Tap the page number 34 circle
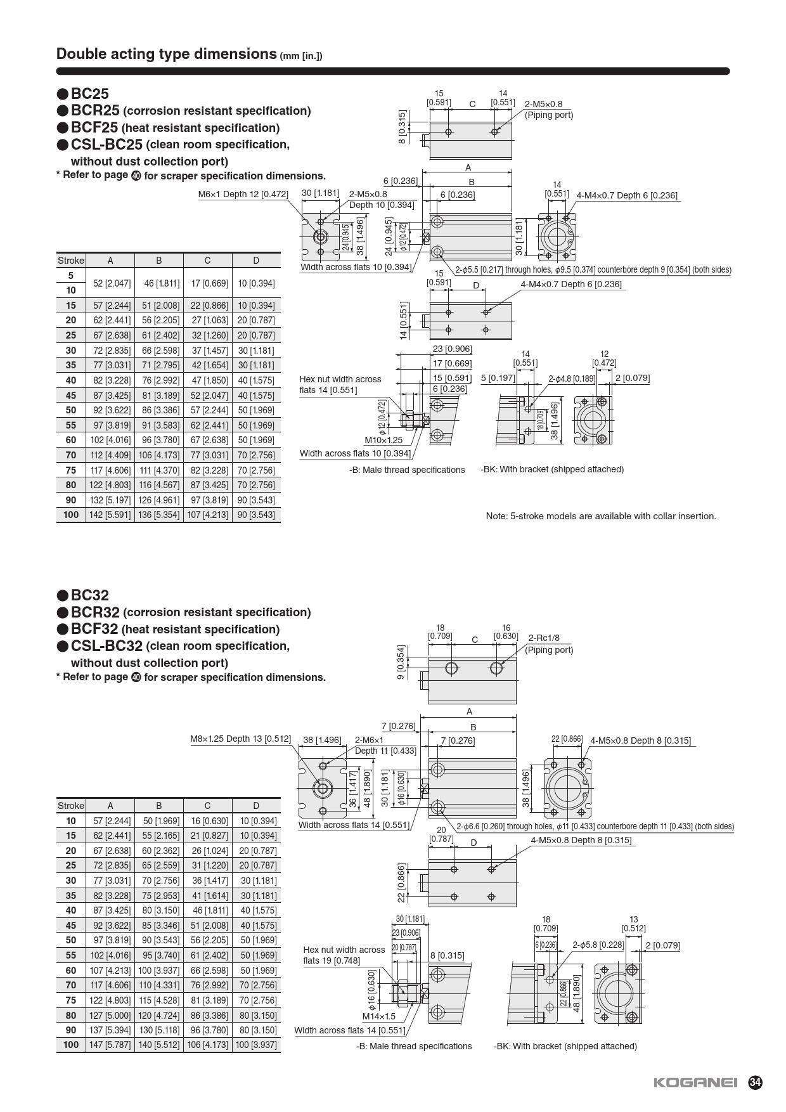click(x=755, y=1083)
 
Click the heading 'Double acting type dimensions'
click(x=167, y=54)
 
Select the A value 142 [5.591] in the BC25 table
click(x=110, y=515)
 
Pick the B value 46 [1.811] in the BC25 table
click(x=159, y=283)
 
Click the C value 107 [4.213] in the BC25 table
click(x=207, y=515)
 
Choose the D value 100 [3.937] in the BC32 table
click(x=256, y=1045)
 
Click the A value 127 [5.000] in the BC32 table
click(x=110, y=1015)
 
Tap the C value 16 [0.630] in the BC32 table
click(x=207, y=820)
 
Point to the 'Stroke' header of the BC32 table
click(x=71, y=806)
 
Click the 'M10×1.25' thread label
click(x=383, y=439)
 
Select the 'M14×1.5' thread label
click(x=379, y=1016)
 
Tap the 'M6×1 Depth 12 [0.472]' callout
click(x=243, y=194)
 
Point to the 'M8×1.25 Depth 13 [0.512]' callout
click(x=241, y=739)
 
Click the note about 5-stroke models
click(x=601, y=516)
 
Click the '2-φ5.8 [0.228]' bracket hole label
click(x=598, y=945)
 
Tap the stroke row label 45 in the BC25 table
click(x=71, y=395)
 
